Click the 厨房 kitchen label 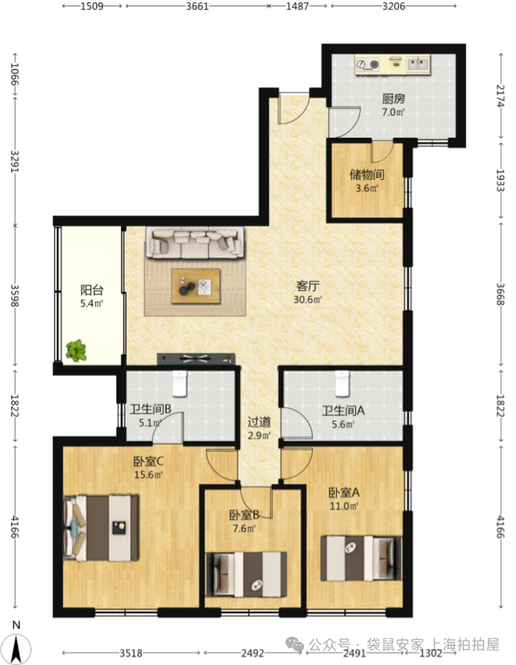[x=394, y=99]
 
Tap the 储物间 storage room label [x=367, y=174]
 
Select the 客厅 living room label [x=308, y=286]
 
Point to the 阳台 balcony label [x=92, y=290]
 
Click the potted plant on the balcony [x=77, y=350]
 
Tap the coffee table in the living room [x=196, y=286]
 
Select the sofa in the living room [x=195, y=243]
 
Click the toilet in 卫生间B [x=179, y=383]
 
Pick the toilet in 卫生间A [x=341, y=383]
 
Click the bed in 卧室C [x=101, y=527]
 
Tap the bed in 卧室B [x=246, y=574]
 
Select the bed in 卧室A [x=361, y=558]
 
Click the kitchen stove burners [x=367, y=64]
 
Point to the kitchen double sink [x=418, y=64]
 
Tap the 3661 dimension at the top [x=198, y=6]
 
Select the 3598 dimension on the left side [x=14, y=295]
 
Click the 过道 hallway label [x=259, y=422]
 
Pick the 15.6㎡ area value [x=149, y=474]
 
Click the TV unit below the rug [x=196, y=359]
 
